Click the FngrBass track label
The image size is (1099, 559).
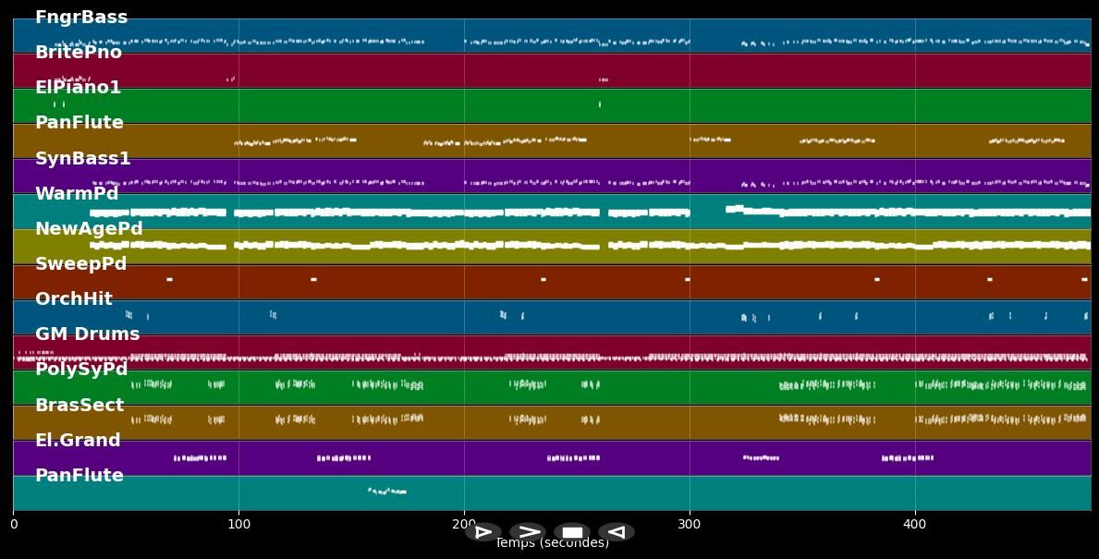[x=81, y=18]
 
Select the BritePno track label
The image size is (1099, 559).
[x=79, y=53]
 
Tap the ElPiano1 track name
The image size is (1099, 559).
[x=78, y=88]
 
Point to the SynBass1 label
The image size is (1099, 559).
[x=82, y=159]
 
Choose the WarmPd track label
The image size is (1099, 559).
[x=77, y=194]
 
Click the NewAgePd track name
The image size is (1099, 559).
[x=89, y=229]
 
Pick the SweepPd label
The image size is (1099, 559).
[x=80, y=264]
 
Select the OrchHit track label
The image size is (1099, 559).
[x=74, y=299]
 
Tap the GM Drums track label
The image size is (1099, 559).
[x=87, y=334]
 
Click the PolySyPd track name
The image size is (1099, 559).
[x=81, y=370]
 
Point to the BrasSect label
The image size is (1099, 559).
[x=79, y=406]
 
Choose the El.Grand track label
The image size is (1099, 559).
[x=78, y=441]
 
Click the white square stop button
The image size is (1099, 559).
[x=572, y=532]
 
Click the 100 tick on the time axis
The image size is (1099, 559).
[x=238, y=525]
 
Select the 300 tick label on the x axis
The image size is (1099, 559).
[x=690, y=525]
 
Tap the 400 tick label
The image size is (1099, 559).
[x=914, y=525]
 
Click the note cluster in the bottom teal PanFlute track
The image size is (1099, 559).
[x=387, y=492]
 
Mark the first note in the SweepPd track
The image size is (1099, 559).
[x=169, y=279]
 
